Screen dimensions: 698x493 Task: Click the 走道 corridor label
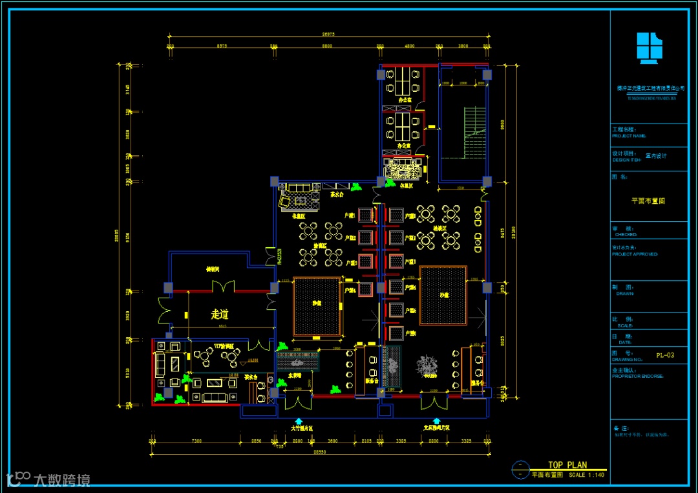tap(220, 314)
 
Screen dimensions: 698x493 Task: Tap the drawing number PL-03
tap(665, 355)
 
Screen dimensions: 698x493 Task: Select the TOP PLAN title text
tap(567, 465)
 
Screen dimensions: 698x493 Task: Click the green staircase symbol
tap(474, 133)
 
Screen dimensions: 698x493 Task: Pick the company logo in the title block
tap(649, 48)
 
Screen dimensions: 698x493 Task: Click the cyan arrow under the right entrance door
tap(436, 421)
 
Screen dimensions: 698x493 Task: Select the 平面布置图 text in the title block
tap(648, 201)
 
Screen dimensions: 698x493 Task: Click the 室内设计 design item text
tap(656, 156)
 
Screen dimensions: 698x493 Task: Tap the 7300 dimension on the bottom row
tap(196, 441)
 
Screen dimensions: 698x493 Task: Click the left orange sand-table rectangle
tap(317, 307)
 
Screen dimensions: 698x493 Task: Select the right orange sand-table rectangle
tap(443, 295)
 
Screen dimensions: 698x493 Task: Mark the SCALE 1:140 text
tap(586, 475)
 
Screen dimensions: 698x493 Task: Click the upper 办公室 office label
tap(405, 102)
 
